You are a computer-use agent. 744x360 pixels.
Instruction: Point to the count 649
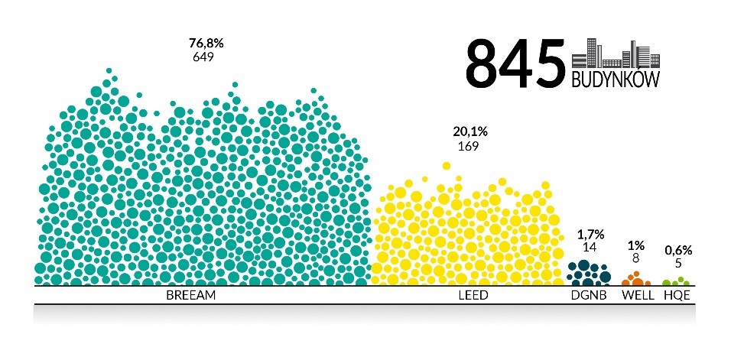click(x=203, y=57)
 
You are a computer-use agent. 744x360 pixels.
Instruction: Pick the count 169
click(x=468, y=145)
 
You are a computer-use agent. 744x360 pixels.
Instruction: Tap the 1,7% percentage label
click(x=589, y=234)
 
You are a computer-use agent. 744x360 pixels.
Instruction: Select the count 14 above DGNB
click(x=589, y=247)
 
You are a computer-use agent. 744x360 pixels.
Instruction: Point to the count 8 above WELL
click(x=635, y=258)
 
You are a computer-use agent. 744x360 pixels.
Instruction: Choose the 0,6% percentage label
click(x=678, y=250)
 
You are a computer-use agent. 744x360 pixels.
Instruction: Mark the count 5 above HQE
click(x=678, y=263)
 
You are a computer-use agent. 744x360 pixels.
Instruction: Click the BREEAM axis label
click(x=191, y=294)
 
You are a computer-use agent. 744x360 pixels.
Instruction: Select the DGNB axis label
click(x=590, y=294)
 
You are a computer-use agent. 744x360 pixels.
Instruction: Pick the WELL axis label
click(x=637, y=294)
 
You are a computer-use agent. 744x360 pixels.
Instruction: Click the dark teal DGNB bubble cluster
click(x=589, y=273)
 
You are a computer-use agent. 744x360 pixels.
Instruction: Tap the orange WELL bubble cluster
click(x=635, y=280)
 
